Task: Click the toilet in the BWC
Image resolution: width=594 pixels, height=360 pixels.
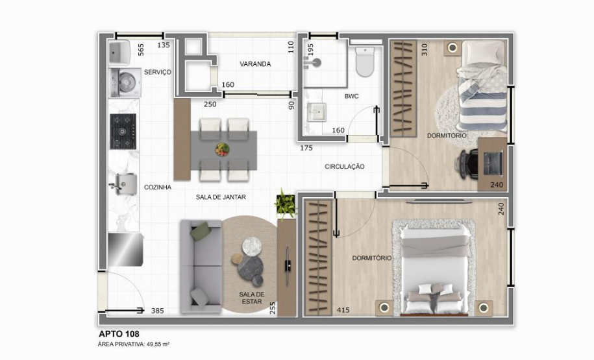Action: click(365, 62)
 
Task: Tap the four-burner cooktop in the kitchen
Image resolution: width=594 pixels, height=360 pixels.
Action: click(123, 131)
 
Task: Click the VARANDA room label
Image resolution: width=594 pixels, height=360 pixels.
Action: click(255, 64)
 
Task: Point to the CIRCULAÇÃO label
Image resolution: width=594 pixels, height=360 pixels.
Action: click(345, 167)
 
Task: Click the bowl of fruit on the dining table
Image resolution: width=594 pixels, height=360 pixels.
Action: click(222, 150)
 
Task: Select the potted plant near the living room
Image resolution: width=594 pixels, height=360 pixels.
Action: click(285, 203)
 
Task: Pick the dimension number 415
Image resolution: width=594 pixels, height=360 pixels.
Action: click(343, 310)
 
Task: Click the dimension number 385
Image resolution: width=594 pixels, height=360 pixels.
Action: click(157, 311)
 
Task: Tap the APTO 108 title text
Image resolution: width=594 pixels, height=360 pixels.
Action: click(119, 335)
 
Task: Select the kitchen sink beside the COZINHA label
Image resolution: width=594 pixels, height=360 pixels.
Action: click(123, 184)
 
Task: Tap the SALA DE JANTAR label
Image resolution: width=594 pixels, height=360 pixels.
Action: click(221, 197)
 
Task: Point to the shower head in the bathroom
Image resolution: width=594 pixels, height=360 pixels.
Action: click(314, 62)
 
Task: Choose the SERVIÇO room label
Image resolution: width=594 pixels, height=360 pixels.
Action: click(158, 72)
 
